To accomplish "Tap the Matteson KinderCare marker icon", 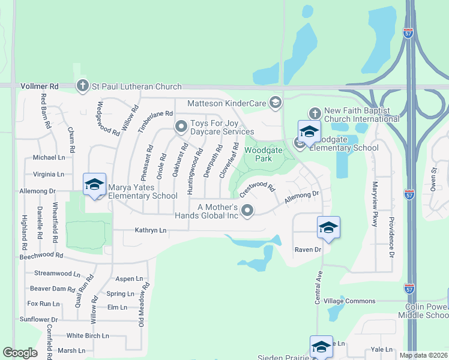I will (x=276, y=103).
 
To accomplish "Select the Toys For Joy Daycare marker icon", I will (x=181, y=127).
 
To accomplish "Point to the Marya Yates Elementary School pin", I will (x=95, y=185).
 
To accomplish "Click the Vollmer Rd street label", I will (x=38, y=86).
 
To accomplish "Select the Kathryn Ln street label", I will (x=150, y=230).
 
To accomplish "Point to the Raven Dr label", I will (x=308, y=249).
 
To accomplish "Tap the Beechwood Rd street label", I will (x=41, y=255).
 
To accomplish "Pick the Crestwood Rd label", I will (x=257, y=191).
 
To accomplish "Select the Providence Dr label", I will (x=391, y=237).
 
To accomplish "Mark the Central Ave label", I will (x=318, y=287).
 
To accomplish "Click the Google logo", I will (x=20, y=353).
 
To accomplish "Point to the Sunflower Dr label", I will (x=38, y=320).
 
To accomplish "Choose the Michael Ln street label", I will (x=49, y=157).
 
